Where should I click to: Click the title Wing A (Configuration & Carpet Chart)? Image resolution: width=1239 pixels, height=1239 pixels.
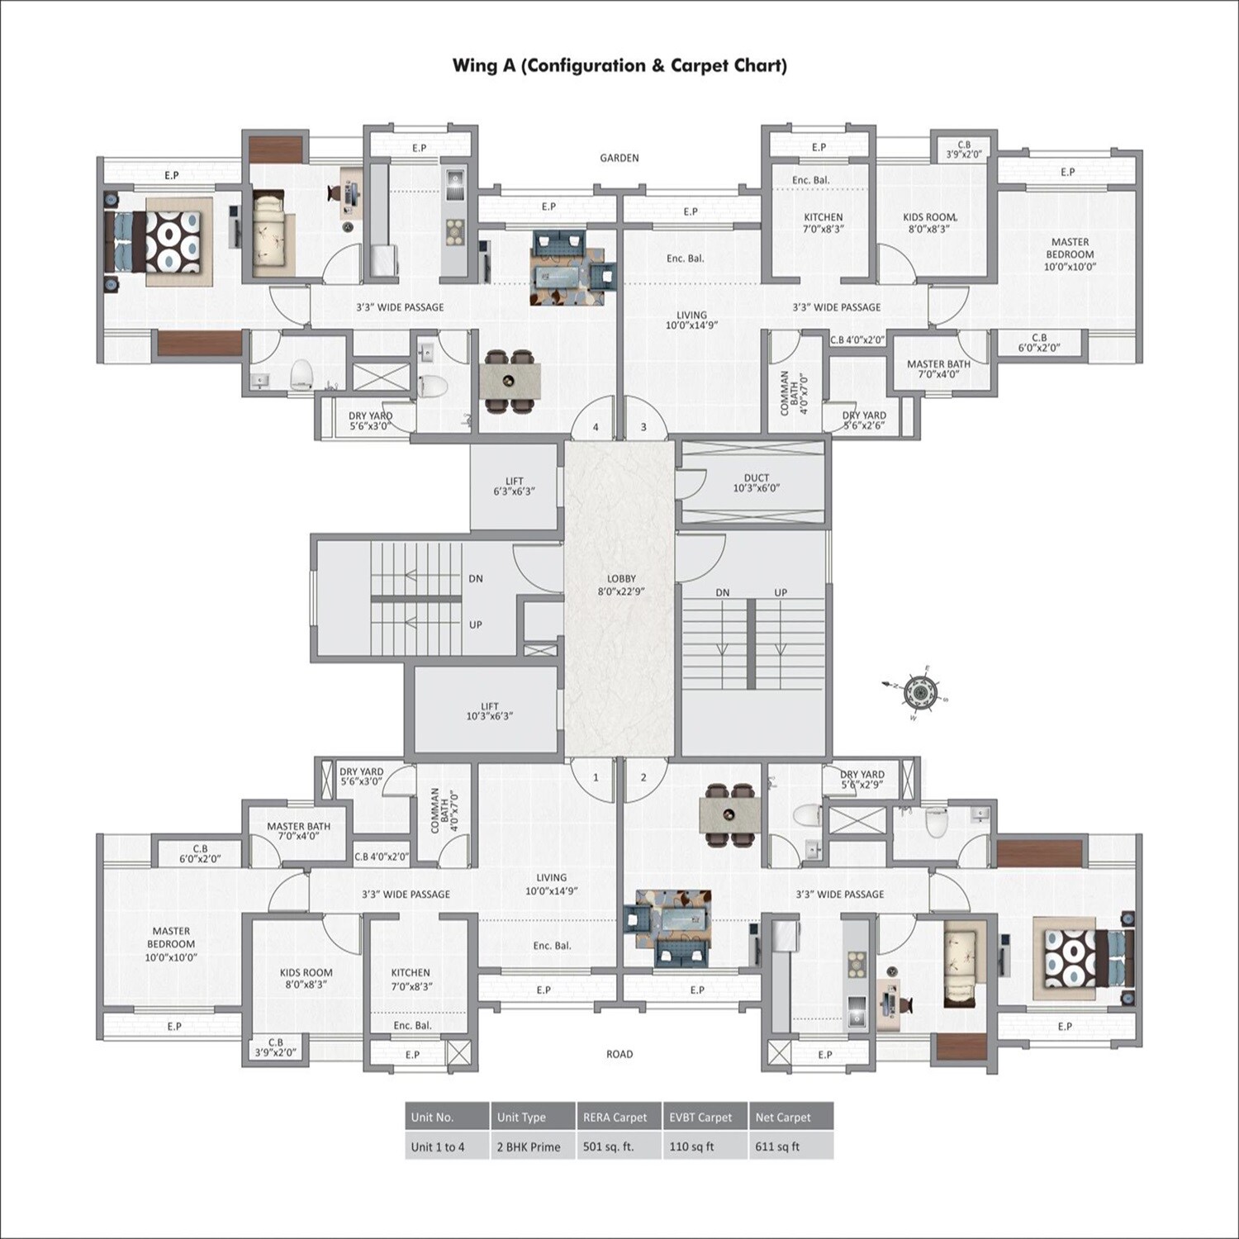click(619, 65)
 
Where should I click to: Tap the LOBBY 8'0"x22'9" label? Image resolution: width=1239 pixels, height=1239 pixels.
click(621, 585)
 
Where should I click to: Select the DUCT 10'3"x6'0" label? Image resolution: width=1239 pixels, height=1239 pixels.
click(756, 483)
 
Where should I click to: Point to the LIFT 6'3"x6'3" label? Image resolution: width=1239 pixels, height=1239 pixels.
click(514, 486)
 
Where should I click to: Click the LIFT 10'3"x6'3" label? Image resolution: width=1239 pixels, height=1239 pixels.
click(489, 711)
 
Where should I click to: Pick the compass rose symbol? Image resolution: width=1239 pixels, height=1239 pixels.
click(919, 692)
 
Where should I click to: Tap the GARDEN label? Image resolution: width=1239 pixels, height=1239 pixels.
click(619, 158)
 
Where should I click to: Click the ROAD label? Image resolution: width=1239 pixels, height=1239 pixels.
click(619, 1054)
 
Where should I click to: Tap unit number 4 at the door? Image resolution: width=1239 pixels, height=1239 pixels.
click(596, 427)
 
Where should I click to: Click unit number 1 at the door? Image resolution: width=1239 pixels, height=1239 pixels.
click(596, 777)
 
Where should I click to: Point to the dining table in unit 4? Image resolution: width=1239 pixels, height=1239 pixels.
click(510, 382)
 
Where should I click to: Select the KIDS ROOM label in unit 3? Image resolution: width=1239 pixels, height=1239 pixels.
click(929, 223)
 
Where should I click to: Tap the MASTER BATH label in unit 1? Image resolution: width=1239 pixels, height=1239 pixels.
click(298, 831)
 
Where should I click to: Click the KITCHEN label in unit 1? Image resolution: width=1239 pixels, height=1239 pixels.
click(411, 979)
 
